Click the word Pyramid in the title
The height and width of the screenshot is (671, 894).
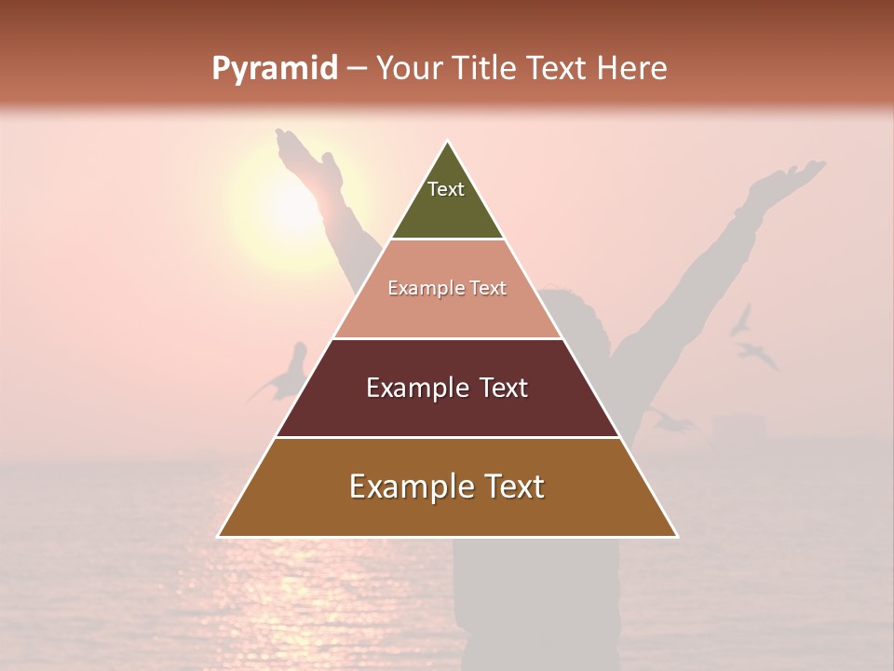click(274, 69)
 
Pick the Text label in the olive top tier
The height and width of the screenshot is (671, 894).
click(446, 190)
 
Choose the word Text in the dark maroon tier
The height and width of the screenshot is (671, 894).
click(504, 388)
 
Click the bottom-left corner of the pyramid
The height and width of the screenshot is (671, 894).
click(219, 536)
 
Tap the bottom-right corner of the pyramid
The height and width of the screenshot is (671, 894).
click(677, 536)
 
